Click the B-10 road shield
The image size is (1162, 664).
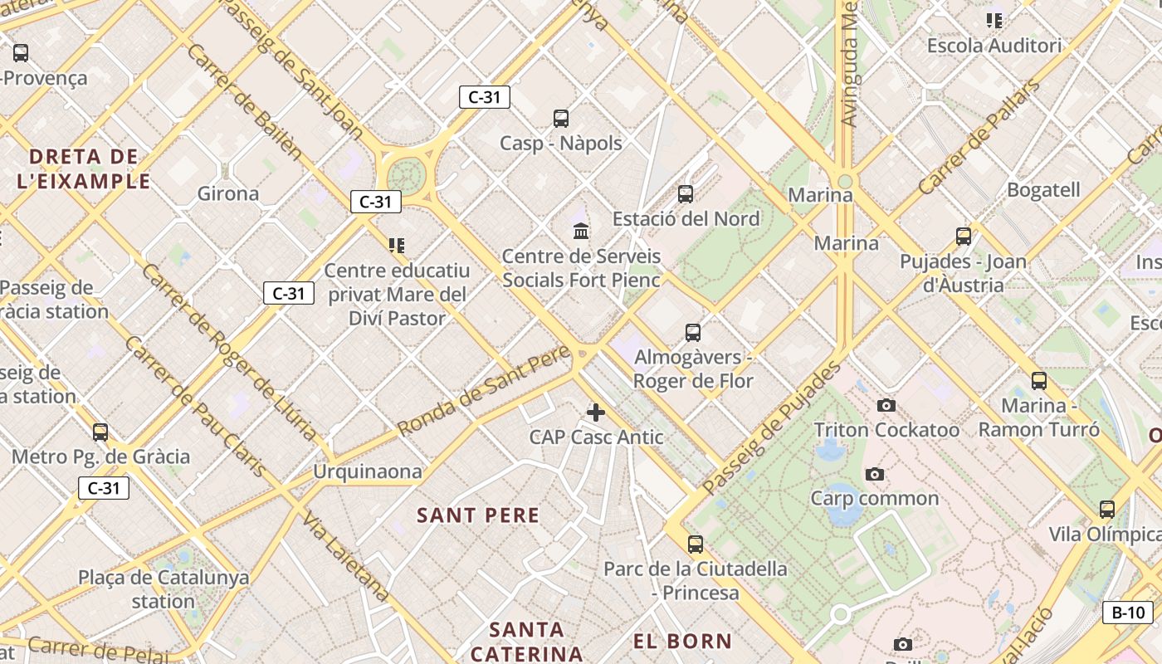tap(1128, 613)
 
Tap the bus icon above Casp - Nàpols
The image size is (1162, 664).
tap(561, 119)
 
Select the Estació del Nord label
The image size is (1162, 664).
tap(686, 219)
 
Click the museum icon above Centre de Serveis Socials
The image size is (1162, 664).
tap(581, 231)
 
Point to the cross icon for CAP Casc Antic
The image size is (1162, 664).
tap(596, 412)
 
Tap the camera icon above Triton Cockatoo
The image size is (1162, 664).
tap(886, 406)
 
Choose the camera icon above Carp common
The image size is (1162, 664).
tap(874, 475)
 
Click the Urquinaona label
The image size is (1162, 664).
tap(367, 471)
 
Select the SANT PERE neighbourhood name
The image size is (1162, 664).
tap(478, 515)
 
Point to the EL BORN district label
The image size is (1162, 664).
tap(682, 641)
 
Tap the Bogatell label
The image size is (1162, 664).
tap(1043, 190)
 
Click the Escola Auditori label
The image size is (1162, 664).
tap(994, 46)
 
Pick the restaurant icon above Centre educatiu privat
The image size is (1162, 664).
tap(397, 245)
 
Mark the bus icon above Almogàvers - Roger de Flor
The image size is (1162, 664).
tap(693, 333)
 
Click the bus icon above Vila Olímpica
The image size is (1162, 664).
tap(1107, 509)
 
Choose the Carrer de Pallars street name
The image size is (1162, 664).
tap(979, 136)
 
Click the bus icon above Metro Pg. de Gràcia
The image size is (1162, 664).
tap(100, 432)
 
